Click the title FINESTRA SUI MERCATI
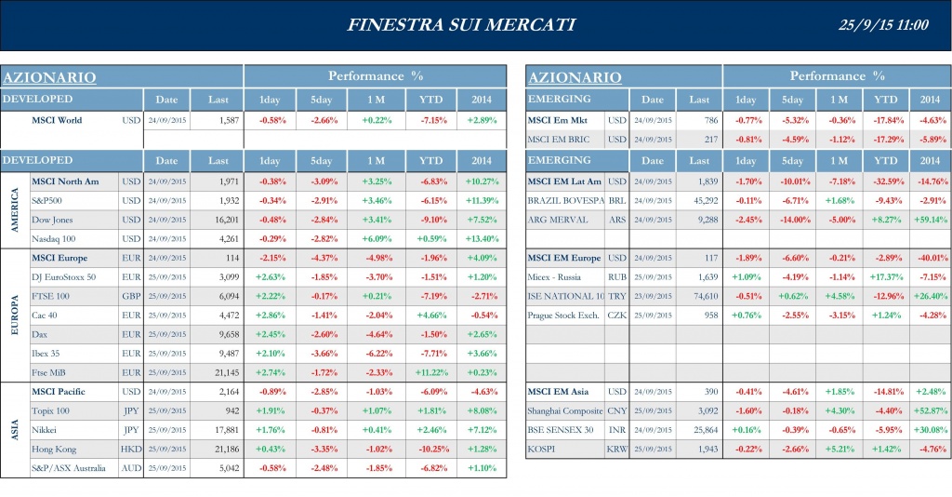pos(461,25)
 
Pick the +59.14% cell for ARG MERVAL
pos(930,220)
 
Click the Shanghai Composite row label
pos(565,410)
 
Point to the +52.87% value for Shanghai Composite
pos(930,410)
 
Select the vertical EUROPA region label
pos(14,316)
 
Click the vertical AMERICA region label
pos(14,209)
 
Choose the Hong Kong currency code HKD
pos(130,449)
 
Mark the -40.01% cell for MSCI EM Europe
pos(930,258)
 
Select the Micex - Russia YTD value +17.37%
pos(885,276)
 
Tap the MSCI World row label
pos(57,120)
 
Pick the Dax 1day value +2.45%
pos(271,334)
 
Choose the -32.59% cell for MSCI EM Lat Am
pos(885,181)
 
